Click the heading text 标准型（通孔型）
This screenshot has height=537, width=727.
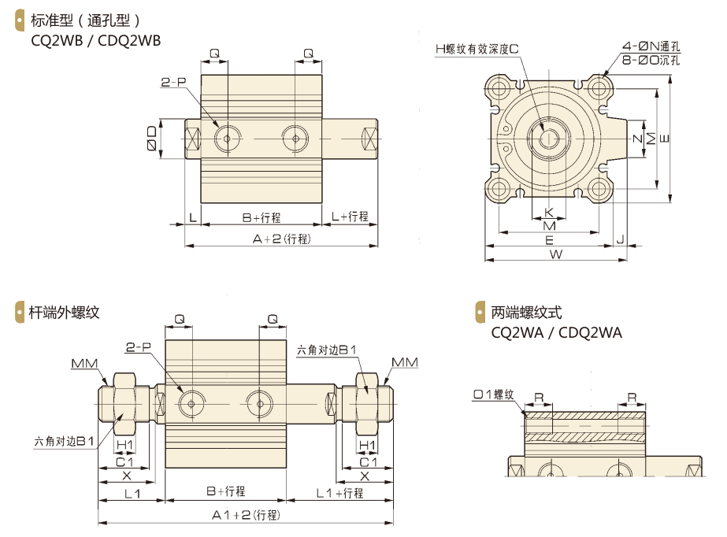[x=85, y=20]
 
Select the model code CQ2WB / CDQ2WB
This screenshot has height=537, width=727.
[x=95, y=40]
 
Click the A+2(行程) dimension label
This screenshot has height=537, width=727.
[x=281, y=239]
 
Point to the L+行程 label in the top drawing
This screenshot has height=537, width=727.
[x=350, y=217]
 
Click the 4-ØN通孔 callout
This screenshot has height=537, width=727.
[x=650, y=46]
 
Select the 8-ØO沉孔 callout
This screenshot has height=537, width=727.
[x=650, y=59]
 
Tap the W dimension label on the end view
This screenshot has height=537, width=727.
[x=555, y=254]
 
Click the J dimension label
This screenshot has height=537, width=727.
[x=621, y=239]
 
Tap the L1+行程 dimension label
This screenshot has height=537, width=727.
[x=339, y=493]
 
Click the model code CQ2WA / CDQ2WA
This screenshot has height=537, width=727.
[x=556, y=332]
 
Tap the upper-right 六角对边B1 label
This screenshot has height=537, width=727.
[x=326, y=350]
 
